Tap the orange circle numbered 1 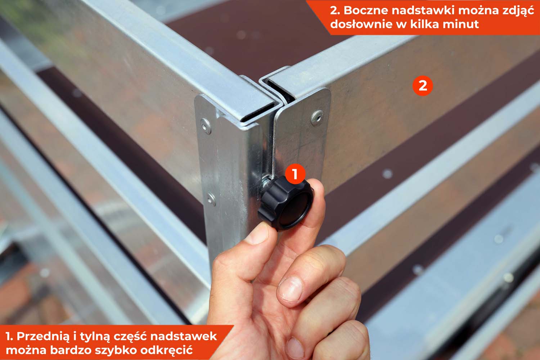295,174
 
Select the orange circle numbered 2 423,86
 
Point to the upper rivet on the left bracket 205,125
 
